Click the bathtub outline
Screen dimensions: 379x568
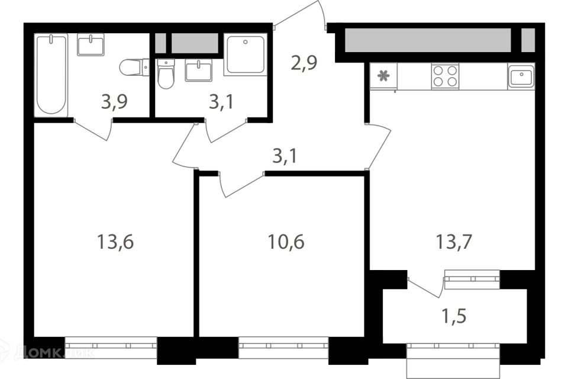(51, 75)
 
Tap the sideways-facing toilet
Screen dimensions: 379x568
(135, 68)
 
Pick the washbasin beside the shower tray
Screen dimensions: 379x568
(199, 70)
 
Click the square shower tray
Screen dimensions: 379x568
(246, 54)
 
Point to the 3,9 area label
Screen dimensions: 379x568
(114, 102)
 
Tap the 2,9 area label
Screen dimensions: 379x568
(304, 62)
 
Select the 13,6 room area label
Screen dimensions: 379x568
(115, 242)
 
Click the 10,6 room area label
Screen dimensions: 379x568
(286, 242)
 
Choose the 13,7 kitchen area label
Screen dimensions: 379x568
(454, 242)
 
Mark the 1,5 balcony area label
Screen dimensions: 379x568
(454, 316)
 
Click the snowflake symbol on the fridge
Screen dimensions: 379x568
(383, 76)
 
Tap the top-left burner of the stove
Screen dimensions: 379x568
(439, 70)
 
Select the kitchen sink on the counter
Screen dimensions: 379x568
(521, 76)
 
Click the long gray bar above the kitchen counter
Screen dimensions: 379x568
(427, 40)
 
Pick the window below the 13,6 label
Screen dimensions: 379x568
(111, 348)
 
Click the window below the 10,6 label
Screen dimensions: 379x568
(283, 348)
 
